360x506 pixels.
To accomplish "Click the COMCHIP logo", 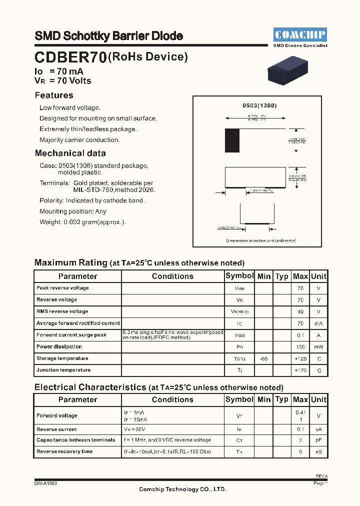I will click(300, 34).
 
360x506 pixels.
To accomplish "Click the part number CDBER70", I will click(70, 58).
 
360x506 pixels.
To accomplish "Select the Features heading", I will click(54, 95).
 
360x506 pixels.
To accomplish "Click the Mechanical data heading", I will click(70, 153).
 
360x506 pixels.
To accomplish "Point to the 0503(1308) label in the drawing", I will click(259, 106).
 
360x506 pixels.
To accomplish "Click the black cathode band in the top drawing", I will click(232, 140).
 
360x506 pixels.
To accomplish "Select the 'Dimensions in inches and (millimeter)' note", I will click(261, 240).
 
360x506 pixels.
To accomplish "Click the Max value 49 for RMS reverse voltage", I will click(300, 311).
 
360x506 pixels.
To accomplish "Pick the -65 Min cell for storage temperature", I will click(264, 358).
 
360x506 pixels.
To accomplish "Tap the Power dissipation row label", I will click(59, 346).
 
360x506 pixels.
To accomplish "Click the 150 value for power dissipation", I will click(300, 347).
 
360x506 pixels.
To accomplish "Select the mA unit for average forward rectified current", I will click(318, 323).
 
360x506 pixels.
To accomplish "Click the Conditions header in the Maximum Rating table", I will click(172, 276).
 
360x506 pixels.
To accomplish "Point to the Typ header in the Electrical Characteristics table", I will click(282, 399).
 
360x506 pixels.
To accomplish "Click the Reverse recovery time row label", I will click(64, 451).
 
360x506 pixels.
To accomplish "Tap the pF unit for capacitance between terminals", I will click(318, 440).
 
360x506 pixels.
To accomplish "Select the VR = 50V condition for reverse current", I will click(135, 429).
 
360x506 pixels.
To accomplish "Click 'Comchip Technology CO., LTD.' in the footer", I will click(182, 489).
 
